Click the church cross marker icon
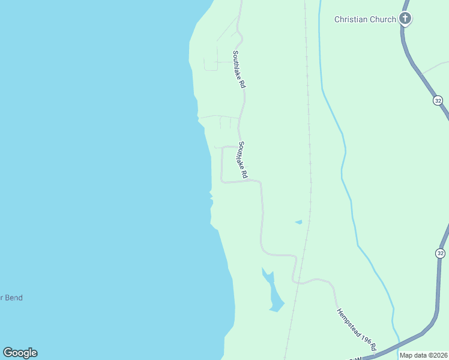pos(405,19)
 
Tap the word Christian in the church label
pos(351,19)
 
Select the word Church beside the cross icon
pos(382,19)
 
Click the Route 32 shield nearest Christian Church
pos(438,101)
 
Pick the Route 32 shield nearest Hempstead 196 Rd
pos(441,253)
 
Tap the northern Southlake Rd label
pos(239,70)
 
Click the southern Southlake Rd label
pos(243,160)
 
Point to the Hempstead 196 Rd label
pos(356,329)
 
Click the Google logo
pos(20,353)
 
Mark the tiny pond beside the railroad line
pos(298,222)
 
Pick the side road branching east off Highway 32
pos(435,67)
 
